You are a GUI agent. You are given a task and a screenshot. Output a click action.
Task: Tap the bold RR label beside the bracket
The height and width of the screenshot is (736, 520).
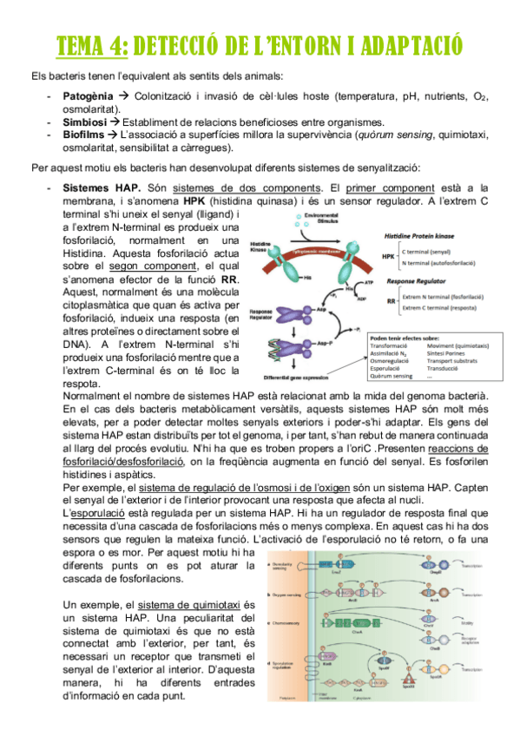(x=391, y=300)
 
